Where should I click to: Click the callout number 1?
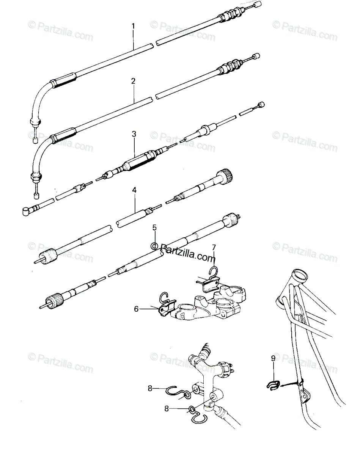[133, 26]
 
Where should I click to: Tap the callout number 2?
[133, 81]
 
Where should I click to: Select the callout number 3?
[134, 134]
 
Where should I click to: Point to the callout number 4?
[134, 190]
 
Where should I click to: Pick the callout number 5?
[155, 227]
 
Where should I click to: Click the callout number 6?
[136, 309]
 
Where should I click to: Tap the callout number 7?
[214, 247]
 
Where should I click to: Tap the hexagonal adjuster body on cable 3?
[138, 160]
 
